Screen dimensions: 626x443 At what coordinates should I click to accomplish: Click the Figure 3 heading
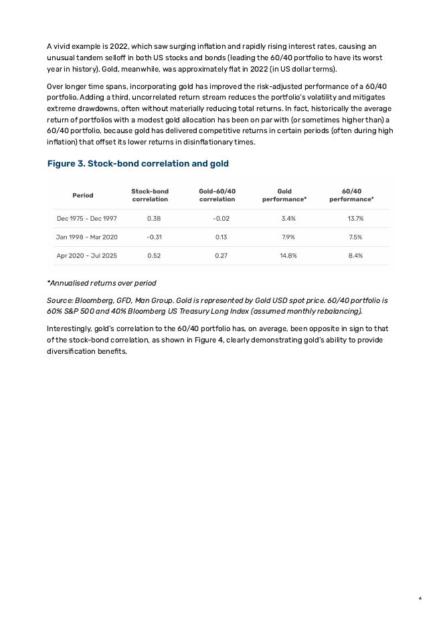[138, 164]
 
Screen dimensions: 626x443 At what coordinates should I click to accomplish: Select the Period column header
[83, 195]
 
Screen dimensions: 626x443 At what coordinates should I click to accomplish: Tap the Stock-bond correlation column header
[150, 195]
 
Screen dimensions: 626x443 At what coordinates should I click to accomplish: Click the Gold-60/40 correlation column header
[217, 195]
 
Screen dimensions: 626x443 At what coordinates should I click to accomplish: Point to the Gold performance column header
[284, 195]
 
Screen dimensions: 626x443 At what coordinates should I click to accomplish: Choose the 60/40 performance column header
[351, 195]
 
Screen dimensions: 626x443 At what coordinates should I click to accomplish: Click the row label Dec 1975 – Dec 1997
[87, 219]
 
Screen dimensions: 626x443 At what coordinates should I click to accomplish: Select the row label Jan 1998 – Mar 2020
[87, 237]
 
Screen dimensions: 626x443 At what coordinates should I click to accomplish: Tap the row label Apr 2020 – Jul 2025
[87, 256]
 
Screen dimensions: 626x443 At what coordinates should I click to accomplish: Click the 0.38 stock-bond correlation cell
[154, 219]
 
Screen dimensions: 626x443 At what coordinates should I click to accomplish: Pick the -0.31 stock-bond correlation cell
[154, 237]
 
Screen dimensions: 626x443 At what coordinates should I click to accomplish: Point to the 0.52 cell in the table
[154, 256]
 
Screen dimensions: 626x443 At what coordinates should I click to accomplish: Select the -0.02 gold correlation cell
[221, 219]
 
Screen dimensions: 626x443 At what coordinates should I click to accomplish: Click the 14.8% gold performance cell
[288, 256]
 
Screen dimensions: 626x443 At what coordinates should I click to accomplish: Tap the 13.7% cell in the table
[355, 219]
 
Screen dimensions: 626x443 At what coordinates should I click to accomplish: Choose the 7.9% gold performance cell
[288, 237]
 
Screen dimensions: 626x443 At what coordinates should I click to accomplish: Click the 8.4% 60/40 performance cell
[355, 256]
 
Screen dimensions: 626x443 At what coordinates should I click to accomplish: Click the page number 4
[420, 598]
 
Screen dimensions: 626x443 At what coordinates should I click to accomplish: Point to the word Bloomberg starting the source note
[96, 301]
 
